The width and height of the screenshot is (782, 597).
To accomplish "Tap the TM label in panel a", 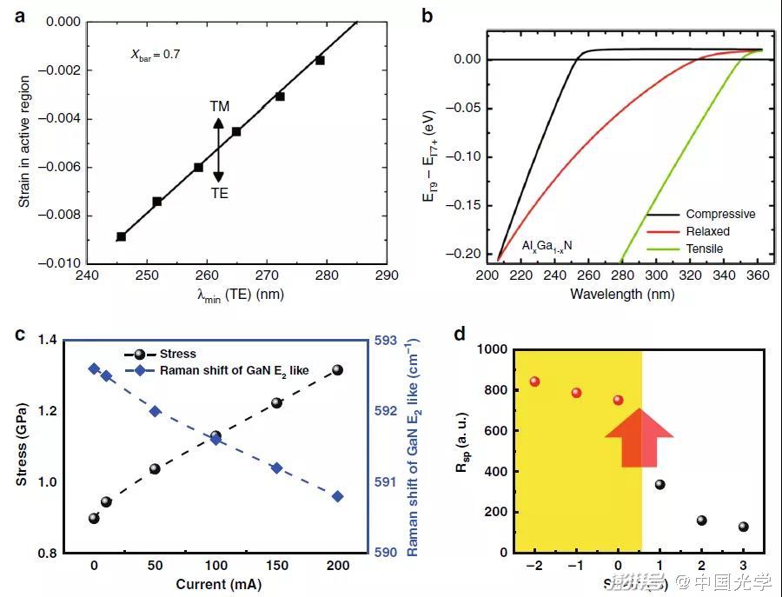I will point(219,106).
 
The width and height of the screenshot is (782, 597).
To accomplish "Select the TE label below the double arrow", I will point(220,193).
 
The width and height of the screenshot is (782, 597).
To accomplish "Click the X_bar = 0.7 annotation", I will point(156,55).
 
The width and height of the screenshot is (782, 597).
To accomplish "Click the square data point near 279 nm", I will point(320,60).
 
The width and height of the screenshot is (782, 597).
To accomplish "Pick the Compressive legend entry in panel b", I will point(719,214).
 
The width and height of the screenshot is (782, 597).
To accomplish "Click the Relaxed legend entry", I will point(707,231).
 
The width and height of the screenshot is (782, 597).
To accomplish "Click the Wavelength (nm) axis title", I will point(621,294).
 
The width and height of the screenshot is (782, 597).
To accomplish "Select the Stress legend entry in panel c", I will point(177,354).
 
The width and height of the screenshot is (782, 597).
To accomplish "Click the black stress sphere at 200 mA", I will point(337,370).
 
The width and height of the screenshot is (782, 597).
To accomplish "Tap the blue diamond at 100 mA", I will point(215,440).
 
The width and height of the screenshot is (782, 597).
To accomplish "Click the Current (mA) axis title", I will point(215,585).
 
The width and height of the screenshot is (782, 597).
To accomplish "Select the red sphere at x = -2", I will point(534,381).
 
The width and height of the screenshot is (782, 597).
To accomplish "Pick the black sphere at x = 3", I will point(743,527).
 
